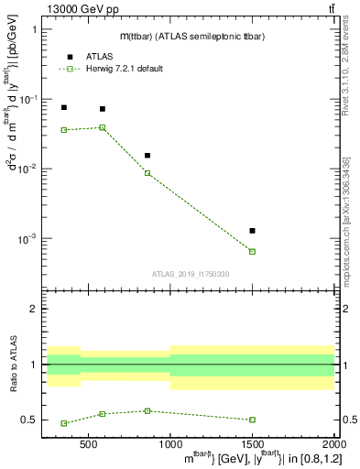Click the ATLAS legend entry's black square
[70, 57]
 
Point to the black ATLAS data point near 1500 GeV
[252, 231]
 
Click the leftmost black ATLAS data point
[64, 107]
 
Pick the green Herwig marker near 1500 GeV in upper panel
[252, 251]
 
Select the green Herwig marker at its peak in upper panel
[103, 127]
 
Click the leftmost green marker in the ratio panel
[64, 423]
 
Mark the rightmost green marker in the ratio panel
[252, 420]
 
